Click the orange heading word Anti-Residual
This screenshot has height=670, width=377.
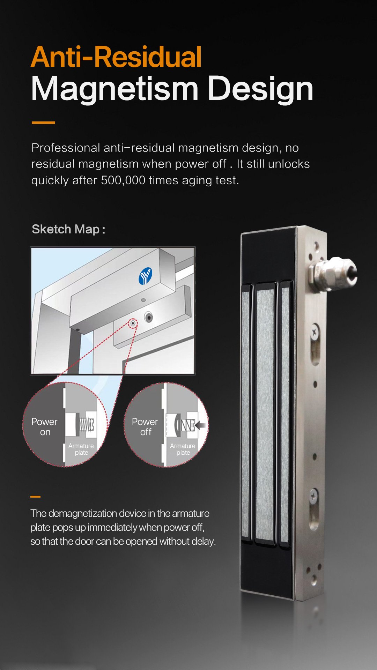click(116, 57)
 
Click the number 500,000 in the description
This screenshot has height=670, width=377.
click(123, 180)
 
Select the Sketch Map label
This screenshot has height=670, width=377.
click(68, 229)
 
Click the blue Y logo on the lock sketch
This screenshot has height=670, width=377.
click(145, 276)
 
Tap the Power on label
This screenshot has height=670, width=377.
click(44, 427)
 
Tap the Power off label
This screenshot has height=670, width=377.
click(145, 427)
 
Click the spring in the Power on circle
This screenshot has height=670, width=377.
click(86, 424)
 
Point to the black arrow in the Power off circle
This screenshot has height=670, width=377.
click(200, 425)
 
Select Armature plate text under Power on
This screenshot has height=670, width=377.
click(81, 449)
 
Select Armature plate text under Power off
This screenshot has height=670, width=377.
click(183, 449)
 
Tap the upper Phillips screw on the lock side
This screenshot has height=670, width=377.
click(315, 332)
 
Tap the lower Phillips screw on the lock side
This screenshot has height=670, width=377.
click(314, 496)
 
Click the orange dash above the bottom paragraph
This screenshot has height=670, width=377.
click(35, 497)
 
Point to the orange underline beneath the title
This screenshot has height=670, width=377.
click(43, 123)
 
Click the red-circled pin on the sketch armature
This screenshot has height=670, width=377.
click(133, 323)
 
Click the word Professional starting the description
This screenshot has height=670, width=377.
click(66, 148)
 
